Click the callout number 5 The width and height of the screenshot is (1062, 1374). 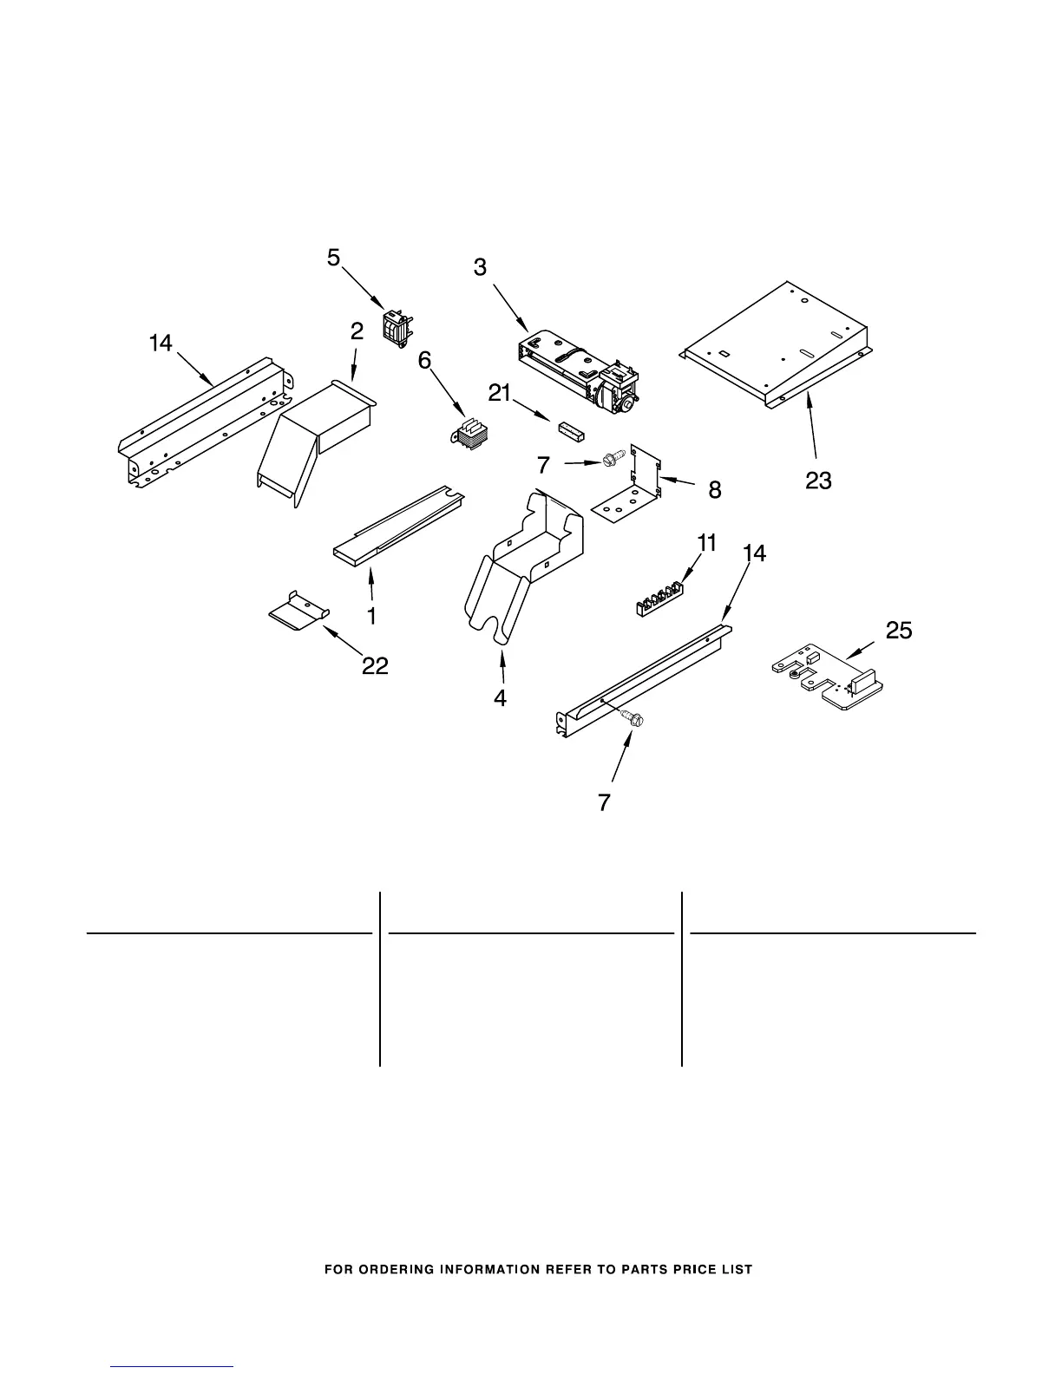(334, 258)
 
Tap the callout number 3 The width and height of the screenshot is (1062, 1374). (480, 268)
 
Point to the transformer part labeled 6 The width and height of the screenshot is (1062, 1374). (469, 434)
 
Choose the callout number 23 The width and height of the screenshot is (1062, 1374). (818, 480)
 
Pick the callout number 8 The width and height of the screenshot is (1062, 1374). (714, 490)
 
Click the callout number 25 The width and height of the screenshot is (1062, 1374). (899, 631)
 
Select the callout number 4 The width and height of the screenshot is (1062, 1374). (501, 697)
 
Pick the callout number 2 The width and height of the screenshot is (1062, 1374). (356, 330)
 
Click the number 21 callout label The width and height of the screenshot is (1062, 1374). (499, 394)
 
